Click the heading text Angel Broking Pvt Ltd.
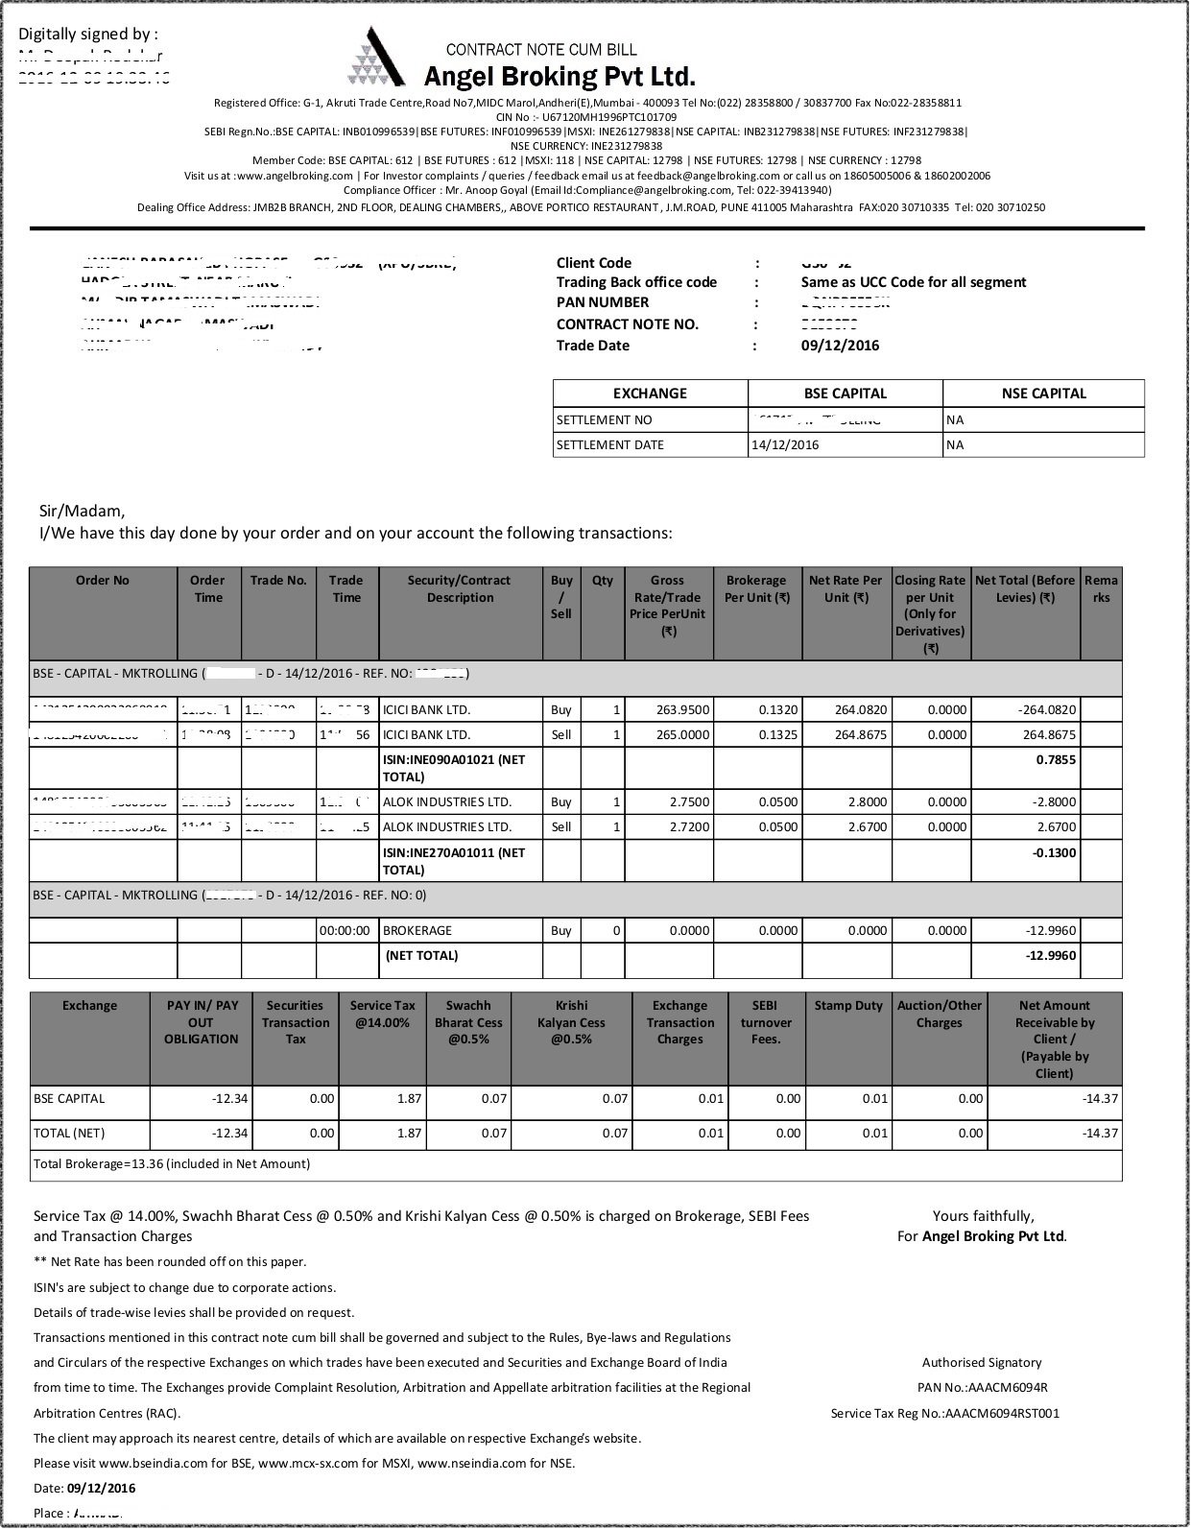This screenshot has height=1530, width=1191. pos(560,76)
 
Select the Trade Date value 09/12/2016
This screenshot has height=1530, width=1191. pos(840,346)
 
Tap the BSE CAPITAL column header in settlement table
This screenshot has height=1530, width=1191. pos(845,394)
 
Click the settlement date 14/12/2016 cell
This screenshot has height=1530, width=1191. pos(784,445)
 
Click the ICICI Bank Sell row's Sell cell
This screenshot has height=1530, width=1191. pos(561,735)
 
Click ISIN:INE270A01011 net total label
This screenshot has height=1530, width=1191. pos(453,861)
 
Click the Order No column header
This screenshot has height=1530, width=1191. pos(103,581)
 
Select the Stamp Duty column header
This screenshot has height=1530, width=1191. pos(848,1006)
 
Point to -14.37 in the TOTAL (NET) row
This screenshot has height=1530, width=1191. pos(1100,1134)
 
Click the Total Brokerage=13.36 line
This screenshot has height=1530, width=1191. pos(173,1164)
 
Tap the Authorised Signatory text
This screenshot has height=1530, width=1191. pos(981,1363)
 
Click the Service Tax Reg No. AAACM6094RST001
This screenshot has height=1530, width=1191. pos(945,1413)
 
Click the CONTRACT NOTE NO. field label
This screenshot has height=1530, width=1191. pos(628,324)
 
